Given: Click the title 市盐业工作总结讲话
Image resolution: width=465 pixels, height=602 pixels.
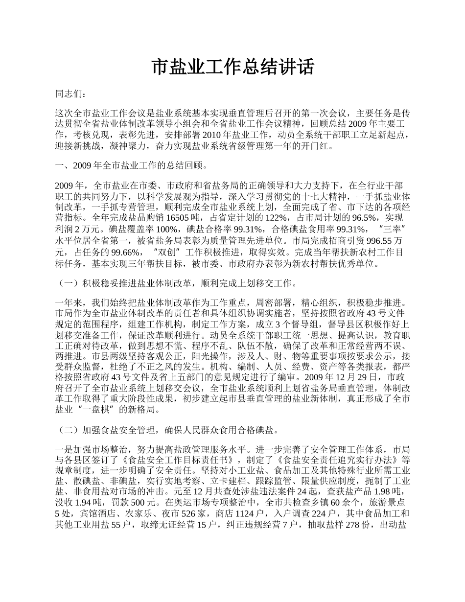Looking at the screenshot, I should click(x=232, y=67).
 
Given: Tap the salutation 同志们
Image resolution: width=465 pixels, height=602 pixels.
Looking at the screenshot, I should click(x=70, y=93).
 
